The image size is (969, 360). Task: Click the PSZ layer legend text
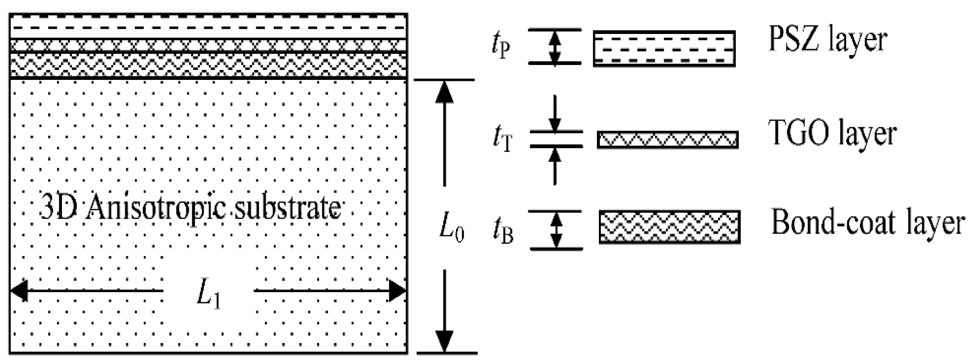[x=827, y=40]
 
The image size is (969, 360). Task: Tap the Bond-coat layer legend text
[x=867, y=223]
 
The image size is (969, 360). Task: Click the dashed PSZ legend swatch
[x=664, y=48]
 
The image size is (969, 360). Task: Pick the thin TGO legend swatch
[x=667, y=140]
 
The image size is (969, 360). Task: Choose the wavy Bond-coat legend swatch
[x=669, y=227]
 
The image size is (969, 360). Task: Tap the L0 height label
[x=452, y=229]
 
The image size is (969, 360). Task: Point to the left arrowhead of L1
[x=19, y=291]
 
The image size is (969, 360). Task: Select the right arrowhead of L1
[x=398, y=291]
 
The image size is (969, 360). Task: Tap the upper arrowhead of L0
[x=445, y=92]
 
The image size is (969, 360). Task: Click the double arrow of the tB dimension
[x=556, y=230]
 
